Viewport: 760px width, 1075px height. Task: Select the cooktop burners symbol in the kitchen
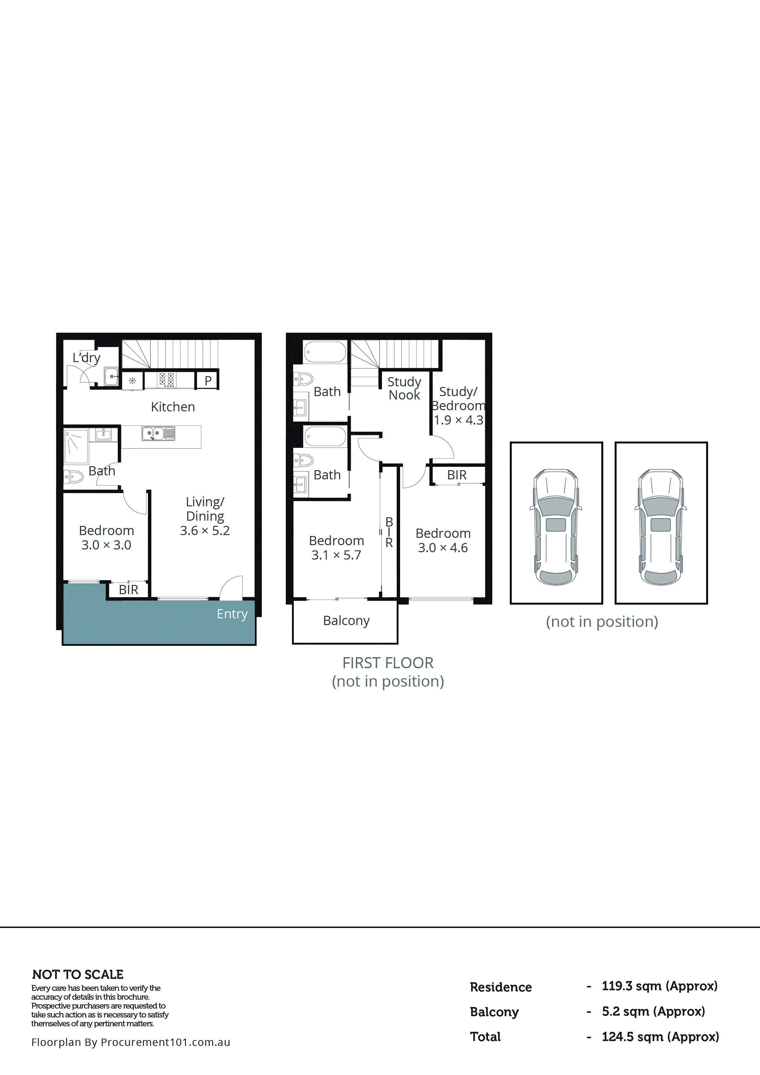pos(166,379)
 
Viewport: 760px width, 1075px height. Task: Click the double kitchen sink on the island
pos(158,433)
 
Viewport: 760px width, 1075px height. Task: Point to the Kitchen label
pos(172,407)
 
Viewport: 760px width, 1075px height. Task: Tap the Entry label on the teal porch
pos(232,614)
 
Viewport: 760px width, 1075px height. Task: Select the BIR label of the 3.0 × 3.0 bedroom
pos(128,590)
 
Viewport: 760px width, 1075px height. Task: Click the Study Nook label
pos(404,388)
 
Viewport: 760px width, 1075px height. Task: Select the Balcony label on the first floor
pos(346,621)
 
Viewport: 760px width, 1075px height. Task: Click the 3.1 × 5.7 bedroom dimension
pos(336,555)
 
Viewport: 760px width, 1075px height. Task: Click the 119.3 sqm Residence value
pos(659,986)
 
